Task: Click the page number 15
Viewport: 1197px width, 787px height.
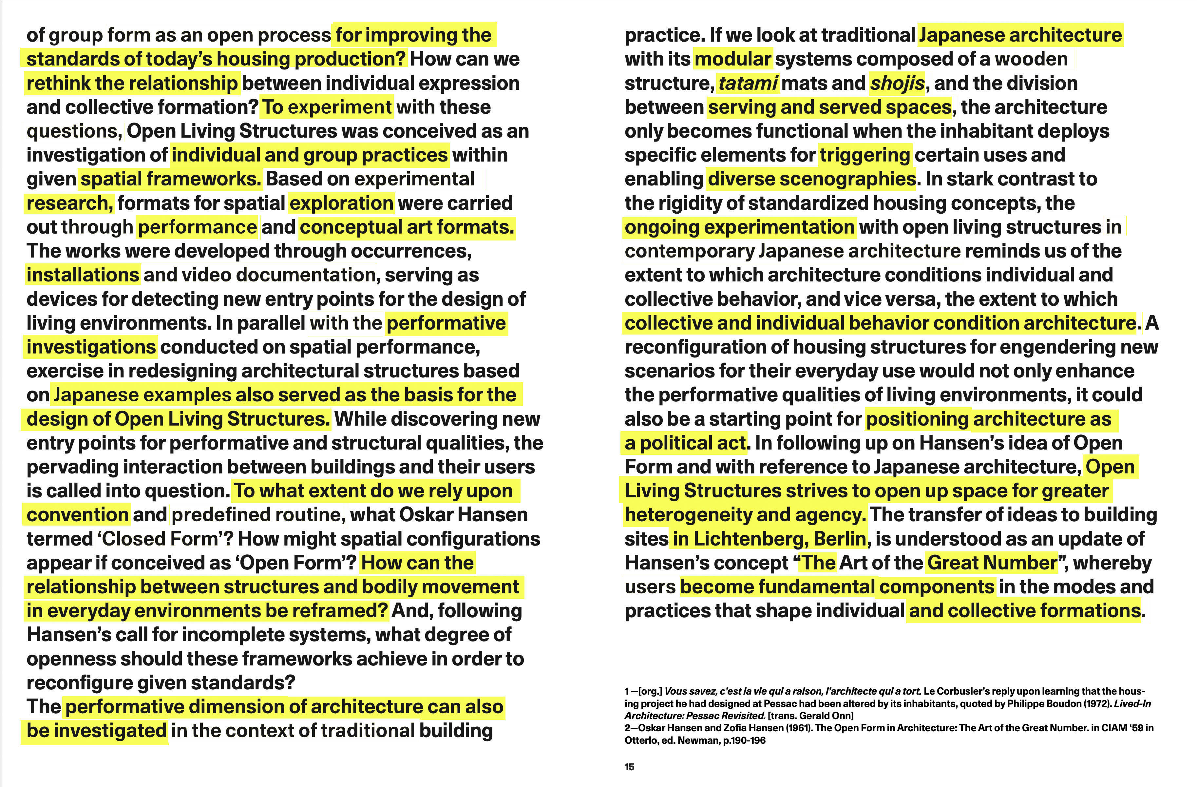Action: coord(629,767)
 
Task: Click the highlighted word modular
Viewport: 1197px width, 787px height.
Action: coord(733,59)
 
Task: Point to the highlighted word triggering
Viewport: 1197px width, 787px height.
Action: coord(864,155)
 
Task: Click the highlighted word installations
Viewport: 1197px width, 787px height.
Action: coord(83,275)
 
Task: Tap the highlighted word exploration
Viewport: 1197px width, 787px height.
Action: coord(341,203)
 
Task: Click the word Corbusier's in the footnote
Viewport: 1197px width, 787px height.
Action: coord(965,691)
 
